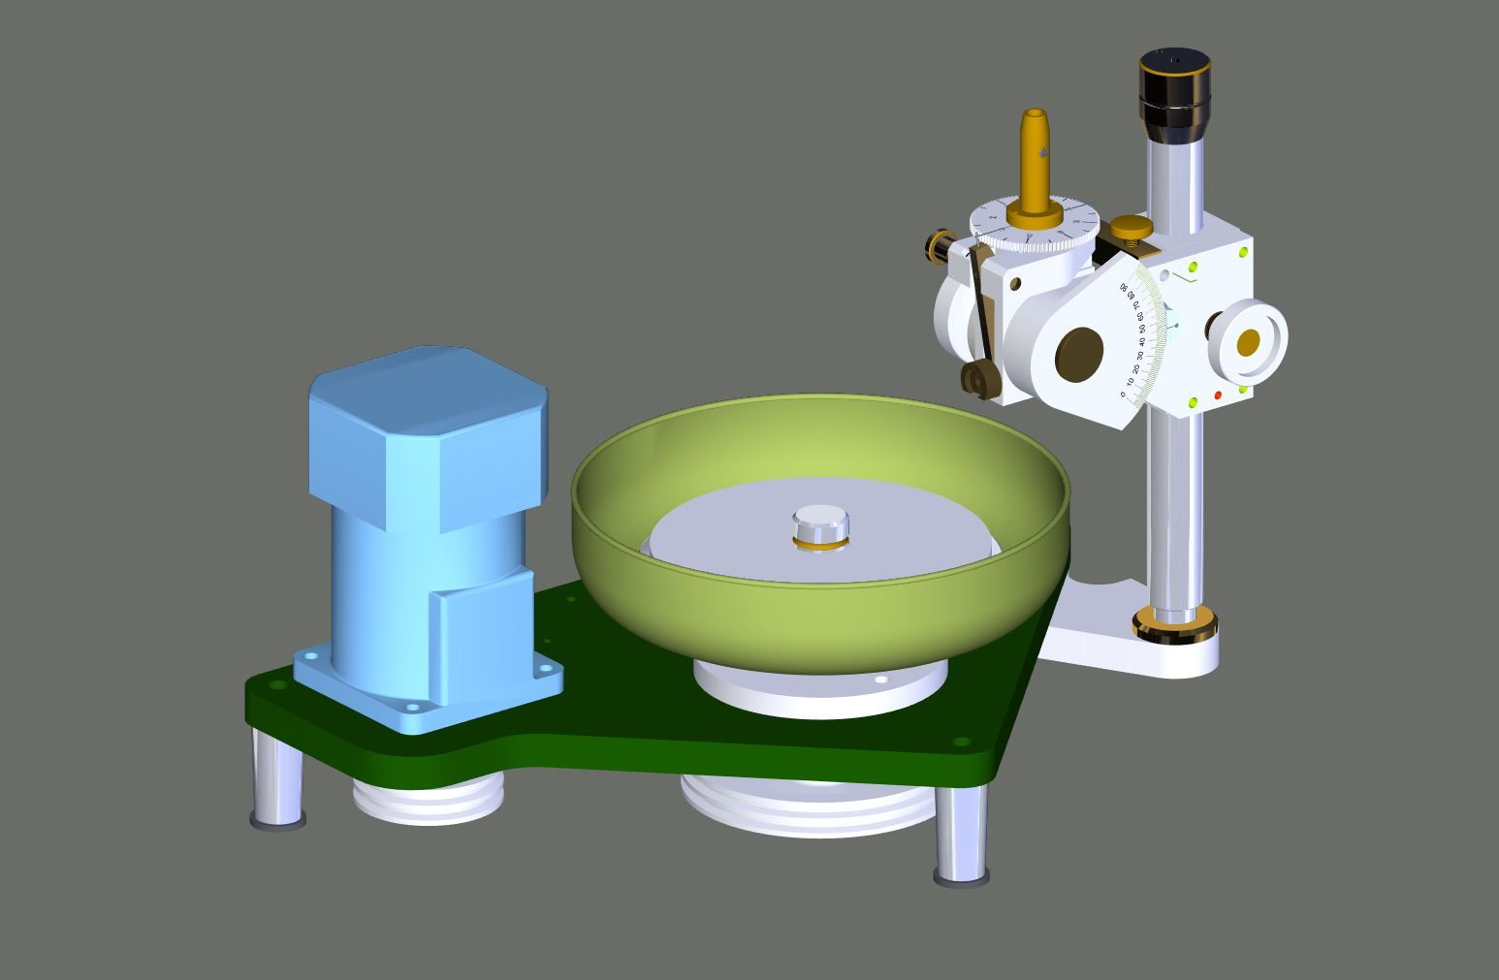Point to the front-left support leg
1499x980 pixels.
pos(279,780)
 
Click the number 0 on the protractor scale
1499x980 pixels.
pos(1123,395)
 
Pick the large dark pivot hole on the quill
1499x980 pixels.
pos(1079,353)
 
